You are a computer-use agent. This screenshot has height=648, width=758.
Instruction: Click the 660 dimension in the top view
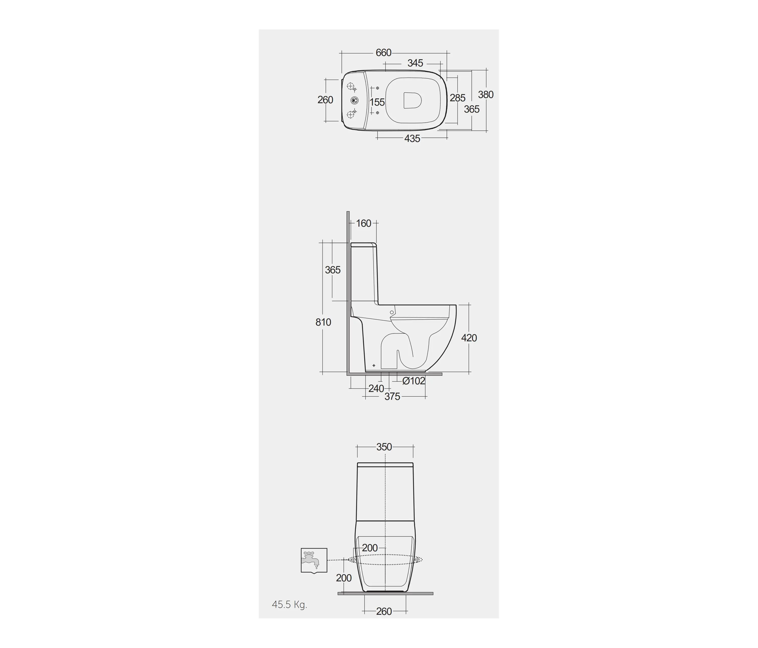pyautogui.click(x=383, y=53)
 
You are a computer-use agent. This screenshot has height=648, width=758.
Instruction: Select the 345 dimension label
pyautogui.click(x=415, y=63)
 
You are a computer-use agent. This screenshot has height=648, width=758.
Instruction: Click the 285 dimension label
pyautogui.click(x=458, y=98)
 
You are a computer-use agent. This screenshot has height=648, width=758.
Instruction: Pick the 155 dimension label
pyautogui.click(x=377, y=102)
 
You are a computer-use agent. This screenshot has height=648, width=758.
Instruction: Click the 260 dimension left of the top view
pyautogui.click(x=325, y=100)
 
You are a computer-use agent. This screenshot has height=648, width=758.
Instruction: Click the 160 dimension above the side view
pyautogui.click(x=364, y=223)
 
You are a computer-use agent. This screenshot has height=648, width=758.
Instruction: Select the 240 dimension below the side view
pyautogui.click(x=376, y=389)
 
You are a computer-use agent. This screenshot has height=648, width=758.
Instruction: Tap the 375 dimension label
pyautogui.click(x=392, y=397)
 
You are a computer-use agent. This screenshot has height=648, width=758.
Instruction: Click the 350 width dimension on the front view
pyautogui.click(x=384, y=447)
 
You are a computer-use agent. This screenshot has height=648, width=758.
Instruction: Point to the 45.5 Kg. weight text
pyautogui.click(x=289, y=605)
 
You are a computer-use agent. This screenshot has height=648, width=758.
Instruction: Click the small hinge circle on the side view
pyautogui.click(x=392, y=312)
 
